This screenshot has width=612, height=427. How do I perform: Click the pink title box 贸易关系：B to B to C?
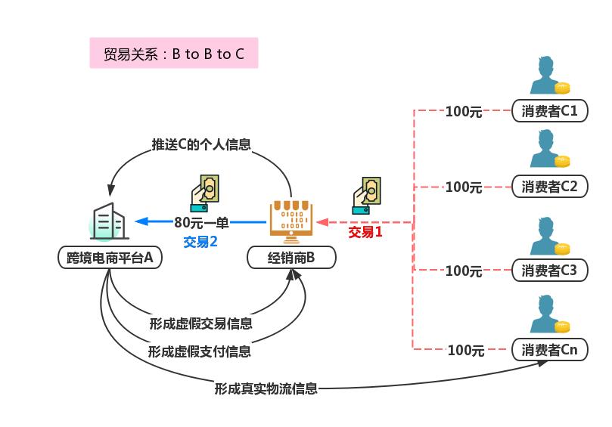click(x=173, y=54)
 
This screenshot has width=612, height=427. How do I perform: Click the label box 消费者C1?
click(x=549, y=111)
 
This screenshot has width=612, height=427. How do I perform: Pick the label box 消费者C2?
click(x=549, y=187)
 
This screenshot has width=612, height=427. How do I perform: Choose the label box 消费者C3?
click(x=549, y=270)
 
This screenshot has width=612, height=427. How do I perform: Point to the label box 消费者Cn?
click(x=549, y=349)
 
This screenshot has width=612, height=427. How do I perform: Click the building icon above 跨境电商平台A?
click(x=108, y=221)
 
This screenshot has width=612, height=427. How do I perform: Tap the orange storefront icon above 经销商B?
click(x=291, y=219)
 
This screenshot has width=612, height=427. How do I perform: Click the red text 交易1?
click(x=365, y=232)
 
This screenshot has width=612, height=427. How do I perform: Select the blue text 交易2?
click(x=200, y=242)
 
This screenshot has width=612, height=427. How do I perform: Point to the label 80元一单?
click(x=201, y=222)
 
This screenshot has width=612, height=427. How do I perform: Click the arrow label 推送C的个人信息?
click(x=201, y=144)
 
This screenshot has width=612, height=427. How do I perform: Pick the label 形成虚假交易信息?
click(x=200, y=323)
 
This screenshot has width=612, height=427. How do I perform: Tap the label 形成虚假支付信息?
click(x=199, y=351)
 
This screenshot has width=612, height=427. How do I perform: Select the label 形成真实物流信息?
click(x=266, y=388)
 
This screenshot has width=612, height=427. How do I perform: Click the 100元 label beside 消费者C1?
click(x=464, y=112)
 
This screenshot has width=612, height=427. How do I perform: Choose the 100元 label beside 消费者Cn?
click(x=465, y=350)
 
